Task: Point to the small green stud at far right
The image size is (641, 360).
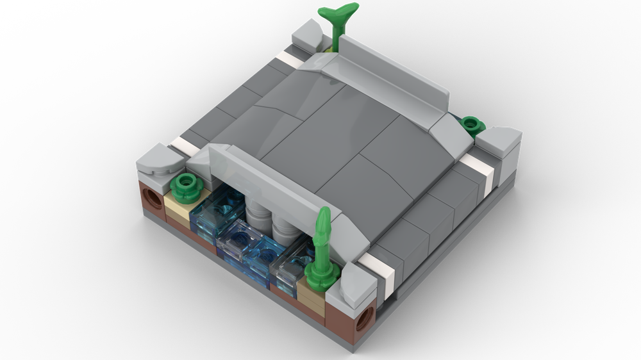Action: (x=471, y=124)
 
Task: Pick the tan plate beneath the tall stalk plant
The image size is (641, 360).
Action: (x=310, y=295)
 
